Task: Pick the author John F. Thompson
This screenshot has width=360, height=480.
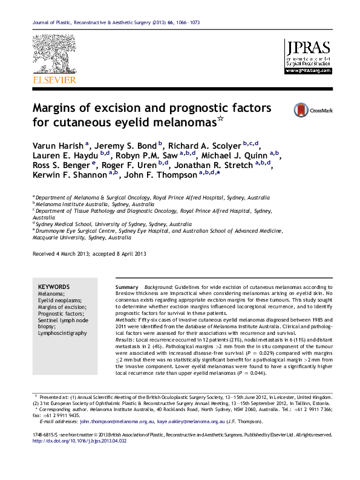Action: click(159, 175)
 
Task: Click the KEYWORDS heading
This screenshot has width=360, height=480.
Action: click(54, 287)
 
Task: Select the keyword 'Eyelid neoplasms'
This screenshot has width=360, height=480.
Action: click(59, 300)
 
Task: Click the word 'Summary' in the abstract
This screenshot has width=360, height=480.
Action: click(126, 287)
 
